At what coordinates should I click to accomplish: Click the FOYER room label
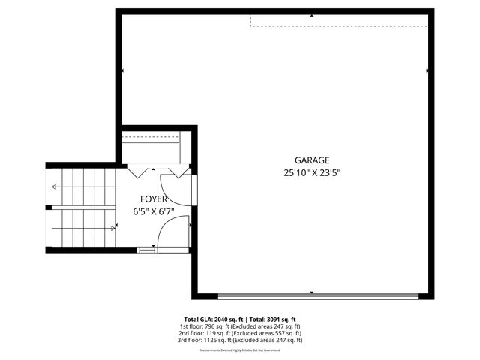click(154, 199)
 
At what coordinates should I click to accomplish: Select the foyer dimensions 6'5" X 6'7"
click(154, 211)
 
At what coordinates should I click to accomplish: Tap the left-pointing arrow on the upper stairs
click(55, 186)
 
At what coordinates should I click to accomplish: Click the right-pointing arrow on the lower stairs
click(112, 227)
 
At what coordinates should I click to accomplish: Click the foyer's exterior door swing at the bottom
click(166, 238)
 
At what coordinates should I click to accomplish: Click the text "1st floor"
click(190, 326)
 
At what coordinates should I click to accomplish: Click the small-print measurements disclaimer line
click(240, 350)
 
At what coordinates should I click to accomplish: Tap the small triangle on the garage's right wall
click(427, 70)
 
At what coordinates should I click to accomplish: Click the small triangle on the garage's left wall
click(122, 70)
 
